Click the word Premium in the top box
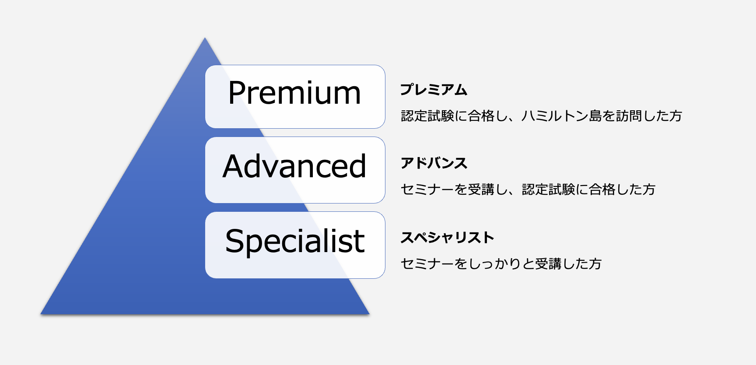294,93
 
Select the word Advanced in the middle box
294,166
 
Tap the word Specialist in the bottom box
295,241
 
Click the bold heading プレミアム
434,90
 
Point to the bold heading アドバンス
434,163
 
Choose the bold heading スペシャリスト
447,238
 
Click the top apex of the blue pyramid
205,38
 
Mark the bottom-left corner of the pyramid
41,314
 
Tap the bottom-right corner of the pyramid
369,314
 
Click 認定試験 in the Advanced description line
548,190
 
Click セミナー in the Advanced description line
427,190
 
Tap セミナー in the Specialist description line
427,264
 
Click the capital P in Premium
237,93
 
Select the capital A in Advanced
234,166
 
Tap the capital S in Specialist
234,241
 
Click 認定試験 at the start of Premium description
427,116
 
